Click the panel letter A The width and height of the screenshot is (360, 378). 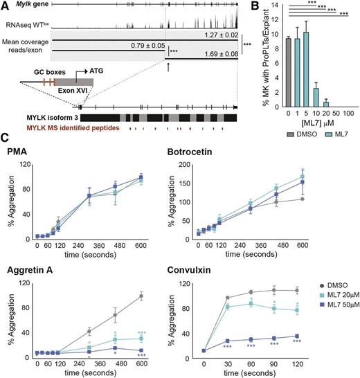click(x=6, y=6)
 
